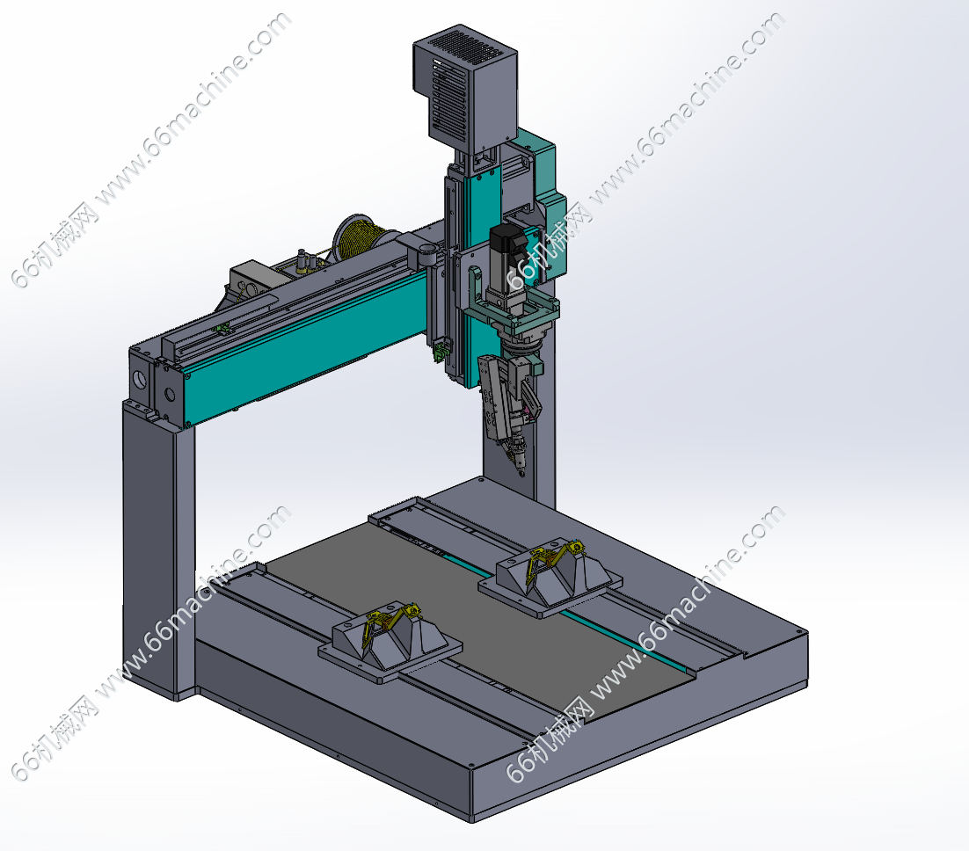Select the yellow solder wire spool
pyautogui.click(x=359, y=238)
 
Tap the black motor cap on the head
pyautogui.click(x=506, y=239)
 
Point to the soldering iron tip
pyautogui.click(x=521, y=473)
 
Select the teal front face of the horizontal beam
pyautogui.click(x=309, y=346)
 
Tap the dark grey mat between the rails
pyautogui.click(x=482, y=618)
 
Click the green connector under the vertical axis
pyautogui.click(x=440, y=353)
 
